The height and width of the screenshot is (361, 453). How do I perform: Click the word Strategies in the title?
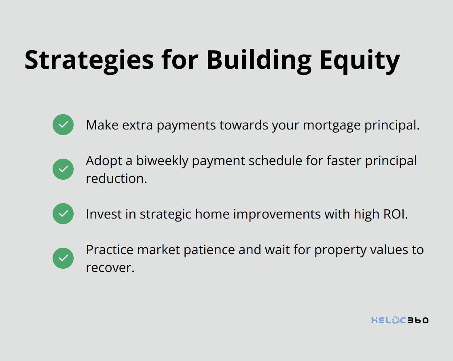pos(89,61)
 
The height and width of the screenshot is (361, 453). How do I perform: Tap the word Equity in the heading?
pos(360,61)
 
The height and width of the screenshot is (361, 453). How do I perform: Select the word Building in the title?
pos(259,61)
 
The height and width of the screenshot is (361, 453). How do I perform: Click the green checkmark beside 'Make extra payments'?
pos(63,125)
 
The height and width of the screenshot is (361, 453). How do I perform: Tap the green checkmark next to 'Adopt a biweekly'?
pos(63,169)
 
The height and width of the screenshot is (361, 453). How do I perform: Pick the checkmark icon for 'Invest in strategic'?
pos(63,214)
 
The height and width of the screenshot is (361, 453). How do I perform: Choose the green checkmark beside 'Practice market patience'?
pos(63,258)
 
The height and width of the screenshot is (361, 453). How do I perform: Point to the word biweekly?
pos(162,161)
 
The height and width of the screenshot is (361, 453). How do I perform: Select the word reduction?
pos(117,178)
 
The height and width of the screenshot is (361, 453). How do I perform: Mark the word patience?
pos(209,250)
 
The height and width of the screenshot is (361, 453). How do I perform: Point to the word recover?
pos(110,268)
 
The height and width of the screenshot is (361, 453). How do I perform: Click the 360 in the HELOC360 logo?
pos(418,320)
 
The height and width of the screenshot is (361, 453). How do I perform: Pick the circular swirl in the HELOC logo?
pos(396,320)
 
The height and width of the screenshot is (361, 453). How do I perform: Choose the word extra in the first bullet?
pos(138,125)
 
